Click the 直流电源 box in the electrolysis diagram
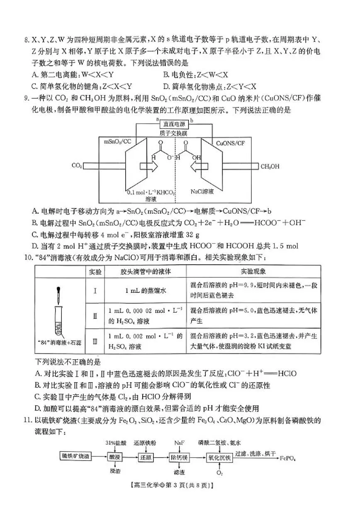173,124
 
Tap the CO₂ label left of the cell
76,166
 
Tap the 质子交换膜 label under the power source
174,133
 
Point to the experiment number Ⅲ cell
95,341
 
